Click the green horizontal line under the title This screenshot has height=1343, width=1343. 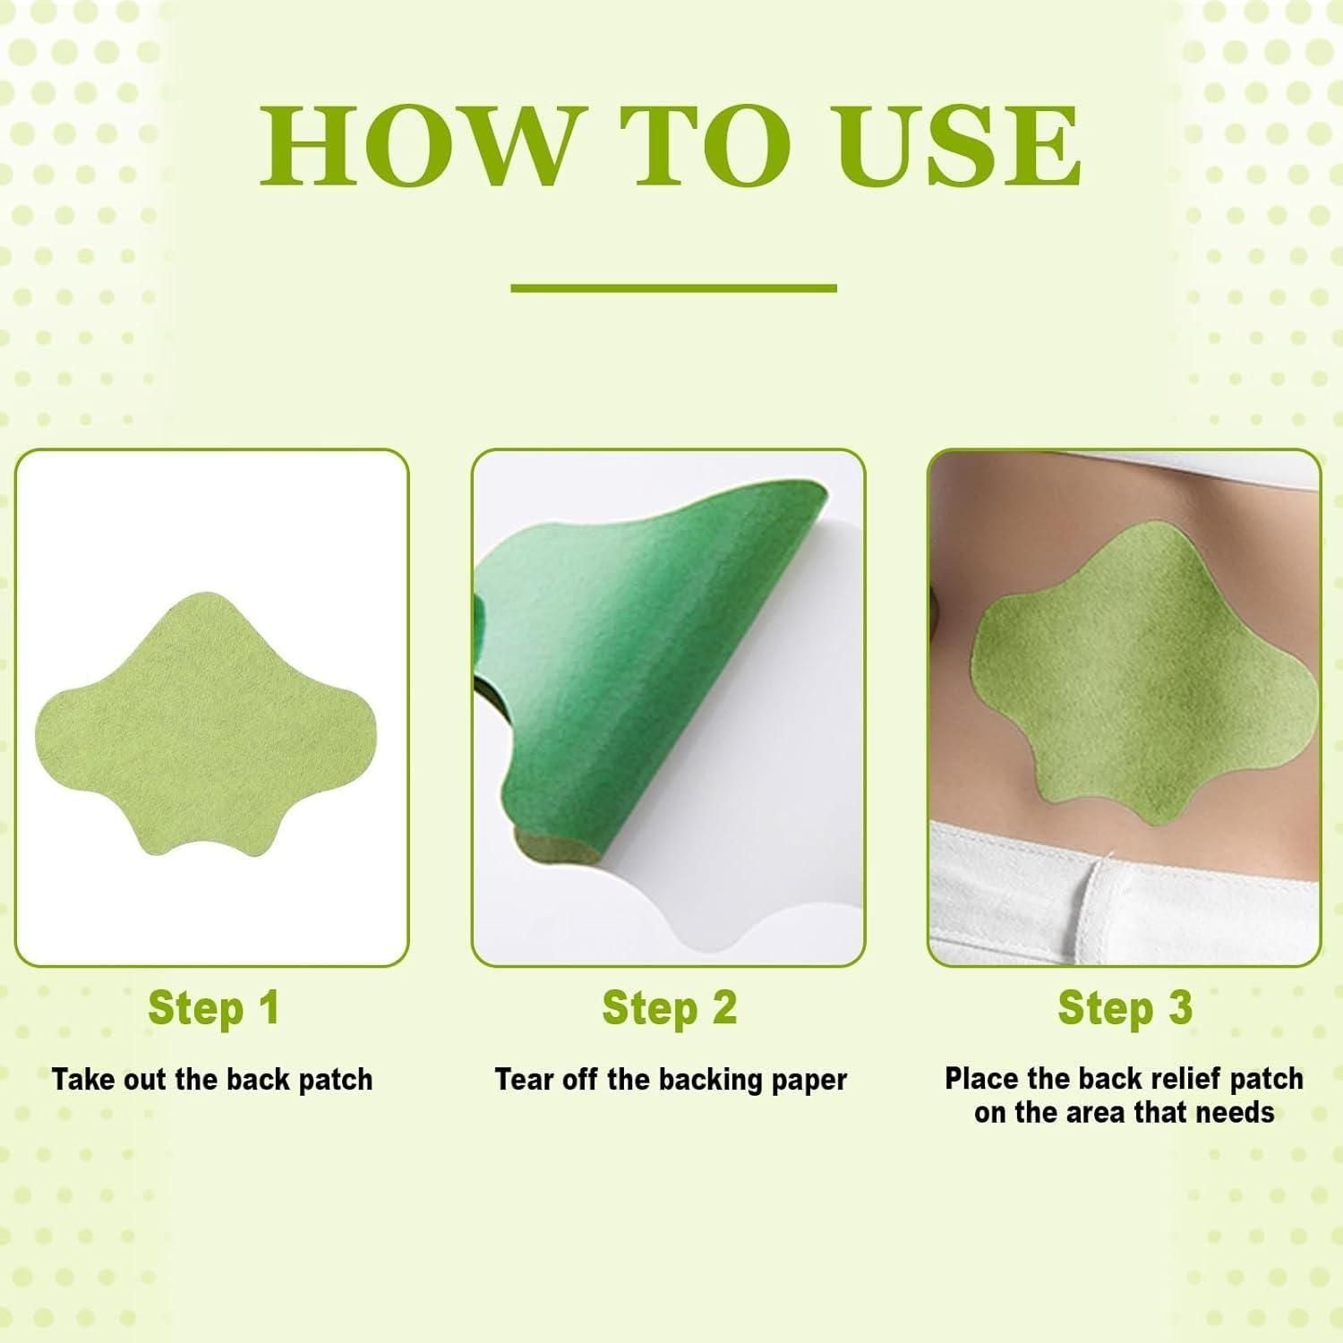tap(673, 288)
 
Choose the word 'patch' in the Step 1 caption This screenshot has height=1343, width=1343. tap(335, 1080)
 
